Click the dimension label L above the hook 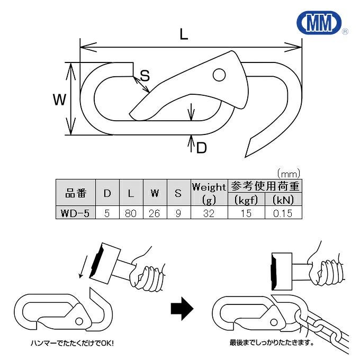click(x=183, y=35)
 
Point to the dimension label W click(x=61, y=98)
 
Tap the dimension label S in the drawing click(x=145, y=76)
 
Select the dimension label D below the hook click(x=201, y=148)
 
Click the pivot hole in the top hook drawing click(x=219, y=76)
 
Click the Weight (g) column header click(x=209, y=193)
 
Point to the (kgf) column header click(x=246, y=200)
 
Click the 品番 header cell click(x=75, y=193)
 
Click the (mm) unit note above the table click(x=289, y=173)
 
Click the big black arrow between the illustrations click(x=180, y=308)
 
